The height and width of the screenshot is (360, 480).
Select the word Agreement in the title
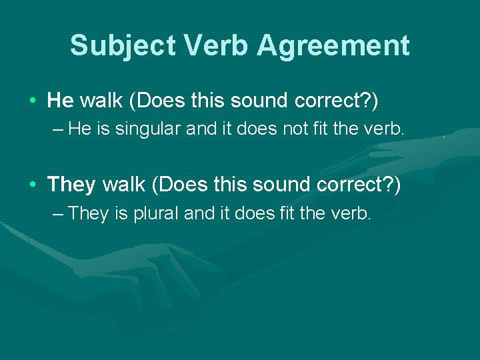pos(333,45)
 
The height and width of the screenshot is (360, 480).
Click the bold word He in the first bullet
pos(61,101)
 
